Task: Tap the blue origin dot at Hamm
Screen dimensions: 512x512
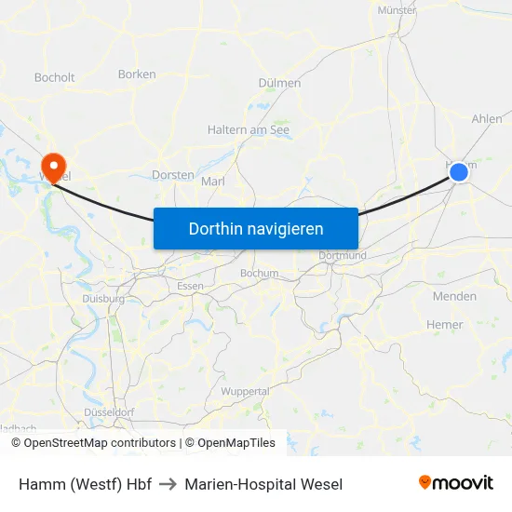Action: pos(458,172)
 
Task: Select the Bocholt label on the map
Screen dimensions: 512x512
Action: pos(54,77)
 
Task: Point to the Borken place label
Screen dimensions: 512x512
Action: pos(137,74)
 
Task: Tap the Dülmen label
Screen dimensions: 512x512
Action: pos(279,83)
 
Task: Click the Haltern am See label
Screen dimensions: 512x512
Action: pos(249,130)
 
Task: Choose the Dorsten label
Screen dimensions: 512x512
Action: pos(173,174)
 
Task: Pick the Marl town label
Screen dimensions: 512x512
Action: pos(213,182)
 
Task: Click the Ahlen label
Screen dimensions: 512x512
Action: pos(487,119)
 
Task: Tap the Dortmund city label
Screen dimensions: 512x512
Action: pos(343,255)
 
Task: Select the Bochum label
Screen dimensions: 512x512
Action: pos(259,274)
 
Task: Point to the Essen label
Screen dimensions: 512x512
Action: pos(190,286)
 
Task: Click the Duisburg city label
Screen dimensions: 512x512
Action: pos(103,299)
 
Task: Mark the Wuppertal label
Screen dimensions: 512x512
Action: pos(246,392)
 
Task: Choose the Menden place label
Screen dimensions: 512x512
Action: pos(454,297)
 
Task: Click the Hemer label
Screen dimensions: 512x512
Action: pos(444,325)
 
